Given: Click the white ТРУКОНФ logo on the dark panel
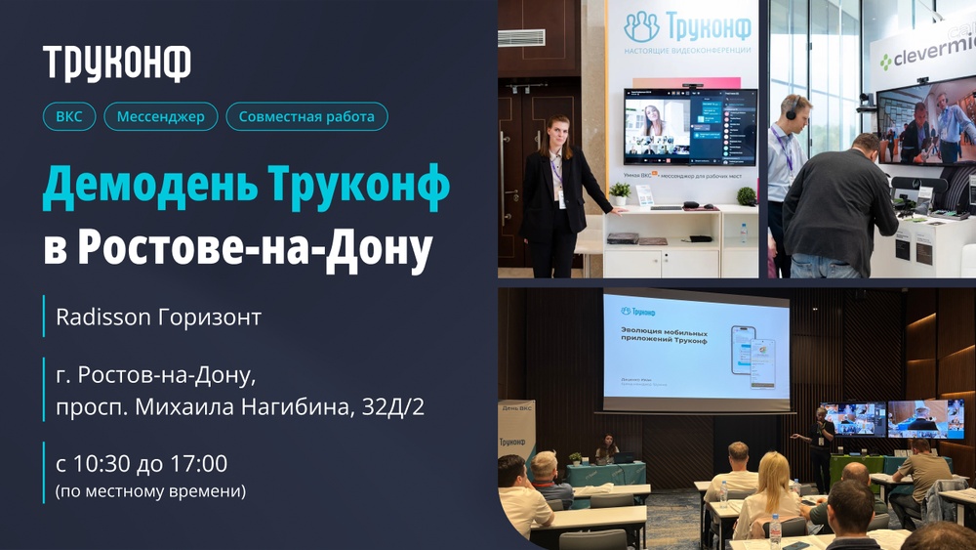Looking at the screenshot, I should [x=117, y=63].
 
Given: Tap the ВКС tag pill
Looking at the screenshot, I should [x=69, y=117].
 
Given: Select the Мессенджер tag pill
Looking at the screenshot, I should [x=161, y=117].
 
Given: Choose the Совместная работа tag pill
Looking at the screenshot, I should [x=306, y=117].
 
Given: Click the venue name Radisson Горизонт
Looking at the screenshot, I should [x=159, y=317].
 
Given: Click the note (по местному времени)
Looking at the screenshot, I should [x=151, y=490].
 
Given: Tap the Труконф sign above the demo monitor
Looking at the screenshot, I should [x=687, y=27].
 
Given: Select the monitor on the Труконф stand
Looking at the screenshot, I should [x=691, y=127].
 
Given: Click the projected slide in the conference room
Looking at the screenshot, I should [x=695, y=346].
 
